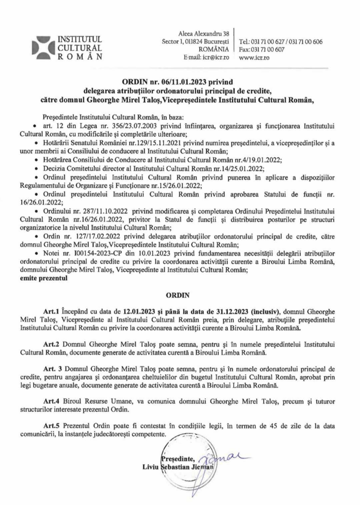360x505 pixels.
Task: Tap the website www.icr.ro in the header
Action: [254, 57]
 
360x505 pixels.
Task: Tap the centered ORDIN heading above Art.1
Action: [180, 298]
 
